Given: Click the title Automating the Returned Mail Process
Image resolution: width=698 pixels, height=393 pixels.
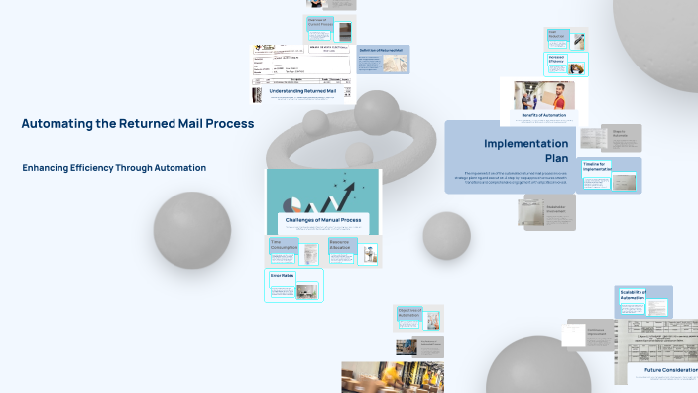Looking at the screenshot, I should [x=138, y=124].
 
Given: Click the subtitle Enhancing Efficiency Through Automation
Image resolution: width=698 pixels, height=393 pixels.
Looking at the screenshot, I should [x=114, y=168].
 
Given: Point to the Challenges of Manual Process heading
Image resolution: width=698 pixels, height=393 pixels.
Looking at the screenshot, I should [x=323, y=219].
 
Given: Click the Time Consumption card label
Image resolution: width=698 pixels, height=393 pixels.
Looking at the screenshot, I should [x=285, y=245].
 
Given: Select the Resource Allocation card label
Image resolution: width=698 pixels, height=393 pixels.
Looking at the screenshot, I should [x=342, y=245].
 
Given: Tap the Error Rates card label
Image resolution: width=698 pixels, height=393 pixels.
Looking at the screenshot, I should [x=282, y=275].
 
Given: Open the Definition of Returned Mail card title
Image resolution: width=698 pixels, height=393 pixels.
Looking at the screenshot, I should [x=381, y=50].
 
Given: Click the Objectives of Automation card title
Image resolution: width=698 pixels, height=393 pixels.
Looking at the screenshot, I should [x=408, y=312].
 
